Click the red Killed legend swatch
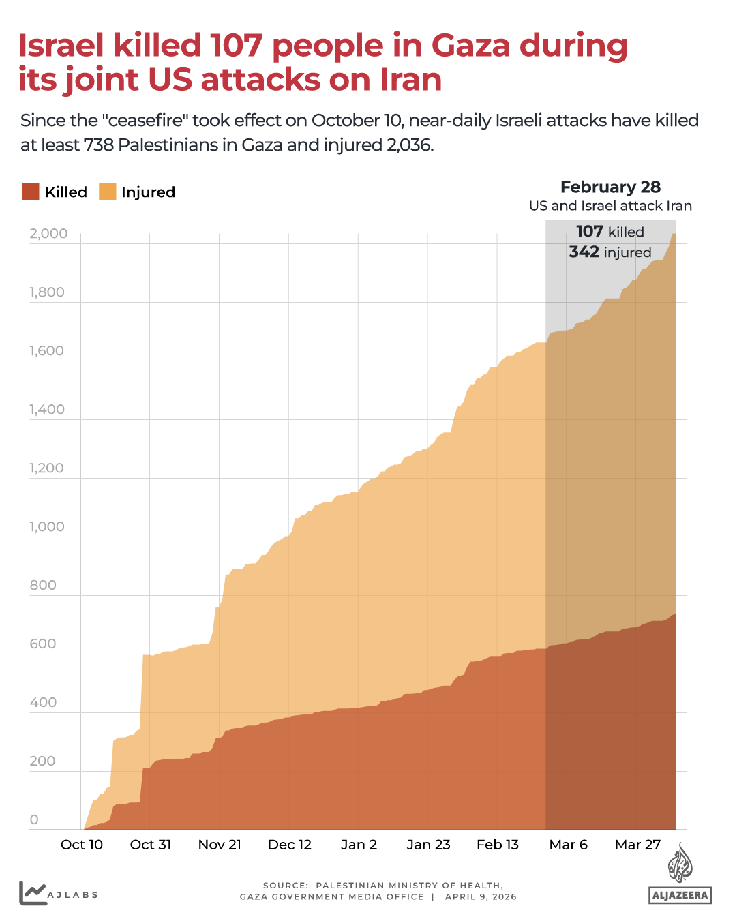31,192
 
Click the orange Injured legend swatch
108,192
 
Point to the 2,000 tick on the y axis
48,234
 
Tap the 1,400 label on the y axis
47,410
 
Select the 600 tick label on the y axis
43,644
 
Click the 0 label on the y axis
34,820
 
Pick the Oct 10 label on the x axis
82,845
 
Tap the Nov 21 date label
220,845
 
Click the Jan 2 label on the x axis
359,845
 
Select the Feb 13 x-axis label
498,845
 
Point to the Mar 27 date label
637,845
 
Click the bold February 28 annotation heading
610,187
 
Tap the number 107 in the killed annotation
589,232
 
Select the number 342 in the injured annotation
584,252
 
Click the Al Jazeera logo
680,875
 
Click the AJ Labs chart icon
32,893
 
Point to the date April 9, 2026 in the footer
481,897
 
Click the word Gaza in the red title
470,46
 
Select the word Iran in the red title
411,80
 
